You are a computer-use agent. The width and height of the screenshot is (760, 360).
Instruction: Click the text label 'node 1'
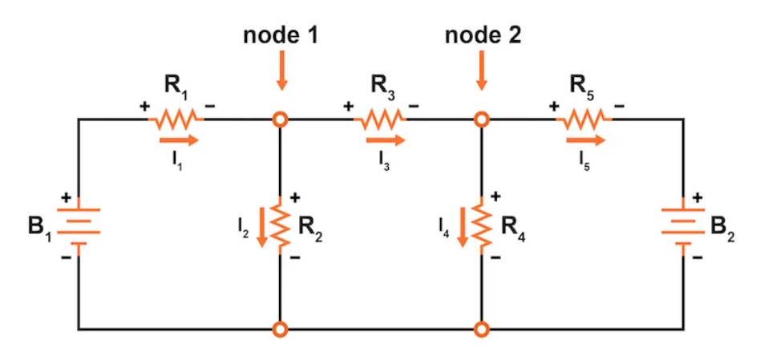pyautogui.click(x=280, y=36)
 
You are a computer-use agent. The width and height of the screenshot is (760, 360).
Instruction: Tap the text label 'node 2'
pyautogui.click(x=481, y=36)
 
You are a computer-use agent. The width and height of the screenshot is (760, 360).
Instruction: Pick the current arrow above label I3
pyautogui.click(x=385, y=140)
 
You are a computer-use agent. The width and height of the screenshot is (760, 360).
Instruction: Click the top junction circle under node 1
pyautogui.click(x=280, y=119)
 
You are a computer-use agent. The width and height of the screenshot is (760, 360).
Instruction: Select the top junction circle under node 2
pyautogui.click(x=481, y=119)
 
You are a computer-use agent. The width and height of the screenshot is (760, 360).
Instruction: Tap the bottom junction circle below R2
pyautogui.click(x=280, y=329)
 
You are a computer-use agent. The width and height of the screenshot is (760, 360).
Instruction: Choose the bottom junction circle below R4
pyautogui.click(x=481, y=329)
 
